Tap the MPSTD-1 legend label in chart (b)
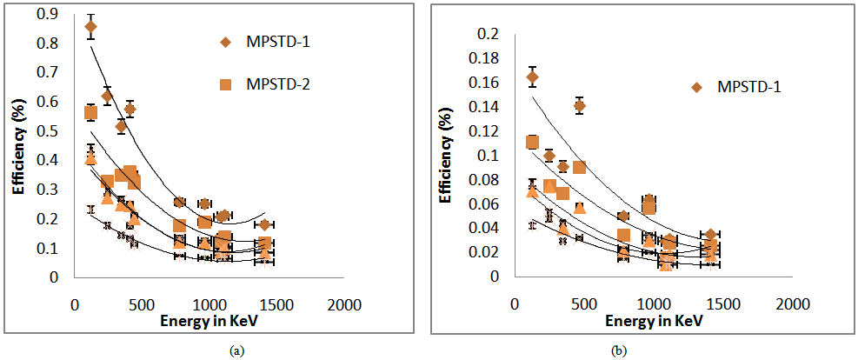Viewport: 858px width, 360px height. click(x=751, y=87)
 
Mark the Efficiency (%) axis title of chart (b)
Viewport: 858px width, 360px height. click(x=445, y=155)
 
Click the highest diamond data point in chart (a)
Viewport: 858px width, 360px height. click(x=90, y=26)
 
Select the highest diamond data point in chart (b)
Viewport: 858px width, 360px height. click(x=533, y=77)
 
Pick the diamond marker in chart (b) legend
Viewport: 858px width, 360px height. click(x=698, y=87)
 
